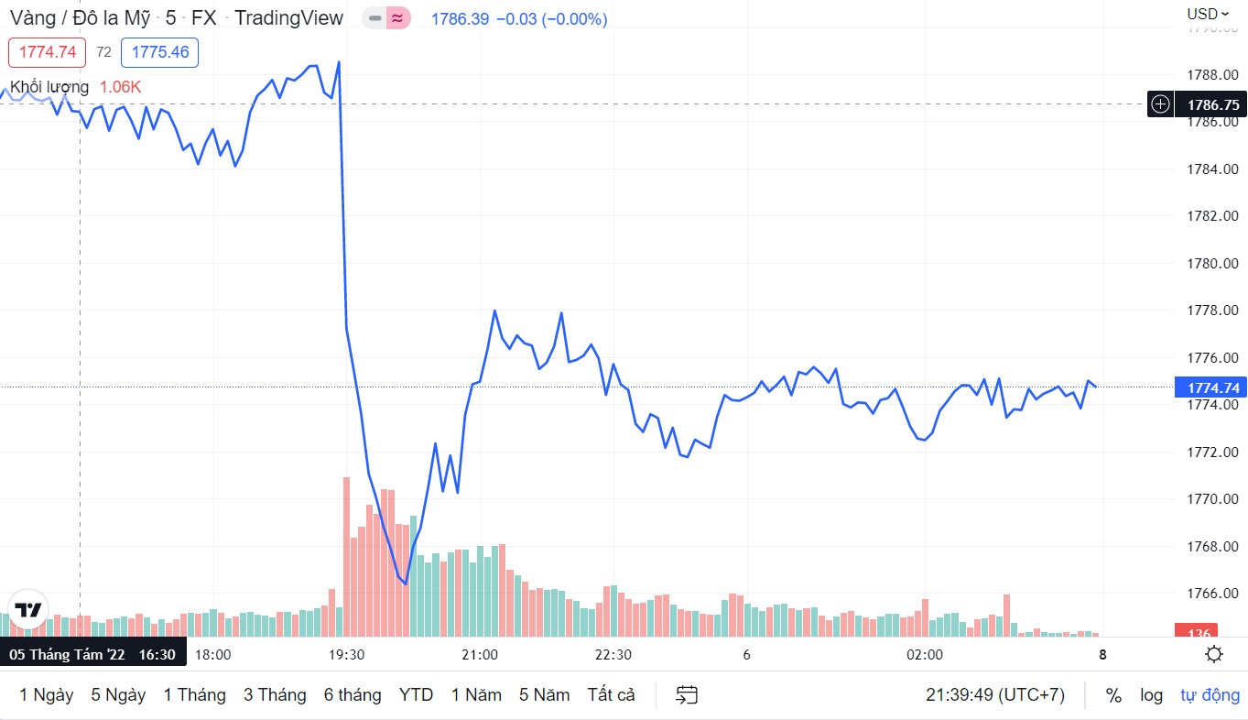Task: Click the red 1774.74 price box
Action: coord(47,52)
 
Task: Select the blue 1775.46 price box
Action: coord(160,52)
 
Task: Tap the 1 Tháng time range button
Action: coord(194,695)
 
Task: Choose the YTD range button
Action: coord(416,695)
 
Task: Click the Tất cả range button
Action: coord(611,695)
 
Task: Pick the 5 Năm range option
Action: coord(544,695)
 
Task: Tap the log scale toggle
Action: coord(1151,695)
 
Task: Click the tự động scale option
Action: coord(1209,695)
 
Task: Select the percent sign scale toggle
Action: coord(1113,695)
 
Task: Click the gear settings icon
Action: coord(1214,654)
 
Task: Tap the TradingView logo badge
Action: coord(27,610)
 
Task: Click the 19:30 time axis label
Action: coord(346,655)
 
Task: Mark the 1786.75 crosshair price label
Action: coord(1212,104)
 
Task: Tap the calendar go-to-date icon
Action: coord(687,695)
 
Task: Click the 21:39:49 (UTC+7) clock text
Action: coord(994,695)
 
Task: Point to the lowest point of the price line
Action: coord(405,583)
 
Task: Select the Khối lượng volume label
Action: coord(49,87)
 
